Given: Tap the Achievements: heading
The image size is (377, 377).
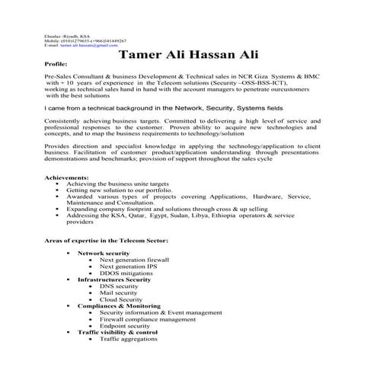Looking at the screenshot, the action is pyautogui.click(x=67, y=177).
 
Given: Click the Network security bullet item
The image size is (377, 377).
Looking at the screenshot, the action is pyautogui.click(x=104, y=253).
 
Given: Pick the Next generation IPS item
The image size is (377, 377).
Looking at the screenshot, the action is pyautogui.click(x=128, y=267).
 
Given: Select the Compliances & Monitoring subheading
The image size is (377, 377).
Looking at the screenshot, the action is pyautogui.click(x=119, y=306).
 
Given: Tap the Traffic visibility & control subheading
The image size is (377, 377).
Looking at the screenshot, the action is pyautogui.click(x=117, y=332).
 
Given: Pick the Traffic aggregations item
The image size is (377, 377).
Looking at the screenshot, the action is pyautogui.click(x=129, y=339).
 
